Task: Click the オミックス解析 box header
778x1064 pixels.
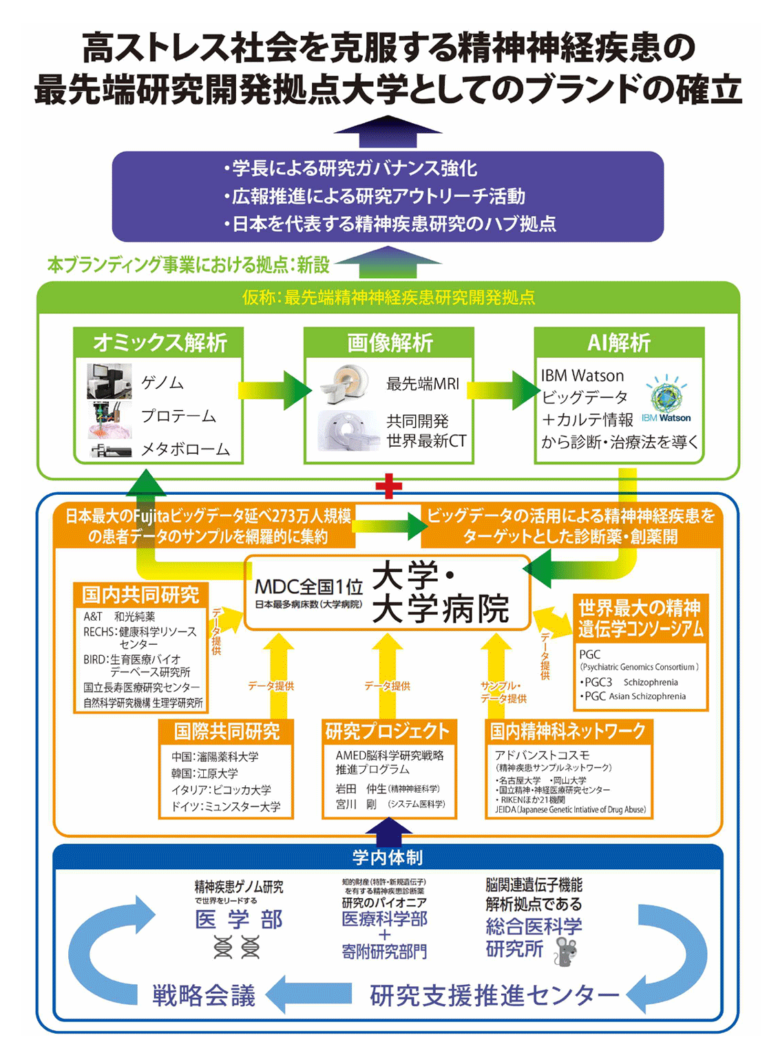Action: (x=159, y=342)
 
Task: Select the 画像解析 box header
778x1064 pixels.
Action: (x=389, y=342)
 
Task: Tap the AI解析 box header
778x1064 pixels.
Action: (x=619, y=342)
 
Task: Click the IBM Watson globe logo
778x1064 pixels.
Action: (x=666, y=396)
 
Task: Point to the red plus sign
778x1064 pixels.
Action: (x=388, y=487)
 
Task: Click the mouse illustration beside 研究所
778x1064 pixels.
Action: (x=566, y=951)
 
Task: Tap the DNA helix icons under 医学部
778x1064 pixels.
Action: (x=237, y=948)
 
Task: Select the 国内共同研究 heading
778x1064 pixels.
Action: (x=140, y=595)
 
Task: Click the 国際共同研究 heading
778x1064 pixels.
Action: (x=227, y=731)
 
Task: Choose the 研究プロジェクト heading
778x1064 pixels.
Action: (x=388, y=731)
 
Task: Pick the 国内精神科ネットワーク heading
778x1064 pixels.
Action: (x=568, y=731)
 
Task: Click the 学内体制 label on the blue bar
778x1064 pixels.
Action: (x=388, y=858)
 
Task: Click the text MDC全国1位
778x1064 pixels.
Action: (x=308, y=586)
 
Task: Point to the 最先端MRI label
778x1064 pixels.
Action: (x=422, y=384)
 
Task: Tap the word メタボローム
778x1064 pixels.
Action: (x=185, y=449)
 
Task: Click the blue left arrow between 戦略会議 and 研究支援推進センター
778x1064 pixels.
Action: (x=308, y=994)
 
